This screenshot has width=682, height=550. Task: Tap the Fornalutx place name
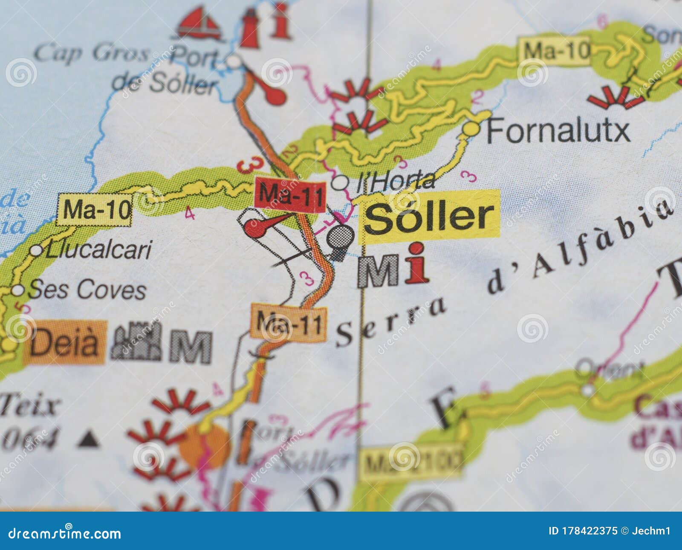(x=558, y=130)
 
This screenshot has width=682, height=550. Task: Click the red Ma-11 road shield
(x=290, y=194)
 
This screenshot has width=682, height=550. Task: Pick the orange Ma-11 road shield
(x=289, y=323)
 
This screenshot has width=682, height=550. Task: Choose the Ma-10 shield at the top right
(x=555, y=51)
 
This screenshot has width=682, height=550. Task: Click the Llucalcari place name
(x=98, y=249)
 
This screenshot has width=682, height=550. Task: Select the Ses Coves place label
(x=87, y=290)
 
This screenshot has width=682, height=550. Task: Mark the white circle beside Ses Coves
(x=17, y=290)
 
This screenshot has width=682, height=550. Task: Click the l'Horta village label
(x=395, y=181)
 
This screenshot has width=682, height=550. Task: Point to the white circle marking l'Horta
(x=340, y=183)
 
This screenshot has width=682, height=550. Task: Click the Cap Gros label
(x=91, y=54)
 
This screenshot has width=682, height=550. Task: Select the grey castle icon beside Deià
(x=136, y=341)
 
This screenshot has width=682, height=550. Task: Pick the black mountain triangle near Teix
(x=88, y=439)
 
